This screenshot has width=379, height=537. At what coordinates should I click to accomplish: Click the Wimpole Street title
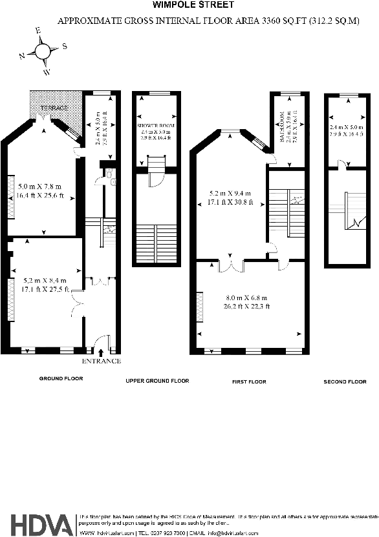[189, 5]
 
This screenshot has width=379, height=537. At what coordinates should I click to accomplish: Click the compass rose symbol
[43, 51]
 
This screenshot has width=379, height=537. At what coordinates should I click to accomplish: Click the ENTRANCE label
[102, 361]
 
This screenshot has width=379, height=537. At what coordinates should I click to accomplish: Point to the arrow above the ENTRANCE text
[101, 352]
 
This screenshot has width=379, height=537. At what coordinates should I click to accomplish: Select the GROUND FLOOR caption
[61, 378]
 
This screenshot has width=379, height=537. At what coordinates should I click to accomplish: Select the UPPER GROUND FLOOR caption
[157, 381]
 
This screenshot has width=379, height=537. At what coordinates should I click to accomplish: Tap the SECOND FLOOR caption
[345, 382]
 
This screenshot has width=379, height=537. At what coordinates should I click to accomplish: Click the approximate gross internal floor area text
[208, 21]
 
